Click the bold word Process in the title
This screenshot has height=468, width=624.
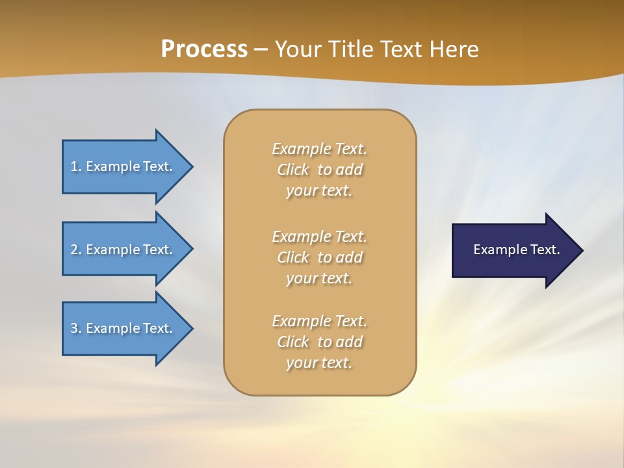pyautogui.click(x=204, y=49)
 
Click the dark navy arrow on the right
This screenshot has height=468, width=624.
pyautogui.click(x=513, y=250)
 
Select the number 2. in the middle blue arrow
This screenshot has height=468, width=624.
pyautogui.click(x=76, y=250)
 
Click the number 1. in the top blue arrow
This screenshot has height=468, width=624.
pyautogui.click(x=76, y=166)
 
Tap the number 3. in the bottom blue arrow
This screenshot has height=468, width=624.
pyautogui.click(x=76, y=328)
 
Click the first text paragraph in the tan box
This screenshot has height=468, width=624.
pyautogui.click(x=320, y=170)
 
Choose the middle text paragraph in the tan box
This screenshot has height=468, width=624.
pyautogui.click(x=320, y=257)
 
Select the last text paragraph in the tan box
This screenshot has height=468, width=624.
pyautogui.click(x=320, y=342)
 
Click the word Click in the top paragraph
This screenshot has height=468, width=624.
pyautogui.click(x=293, y=170)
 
